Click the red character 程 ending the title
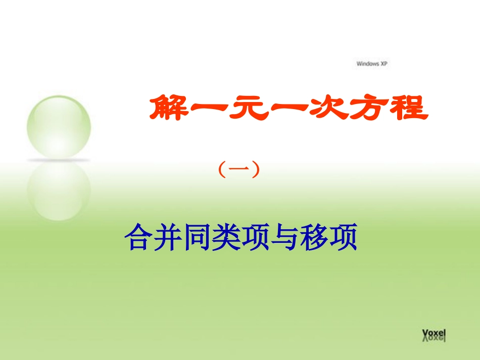407,107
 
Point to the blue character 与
285,238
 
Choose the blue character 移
315,238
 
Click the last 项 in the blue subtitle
344,238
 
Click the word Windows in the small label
367,64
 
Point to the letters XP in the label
383,64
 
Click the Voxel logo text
434,333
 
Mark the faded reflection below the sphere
59,189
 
